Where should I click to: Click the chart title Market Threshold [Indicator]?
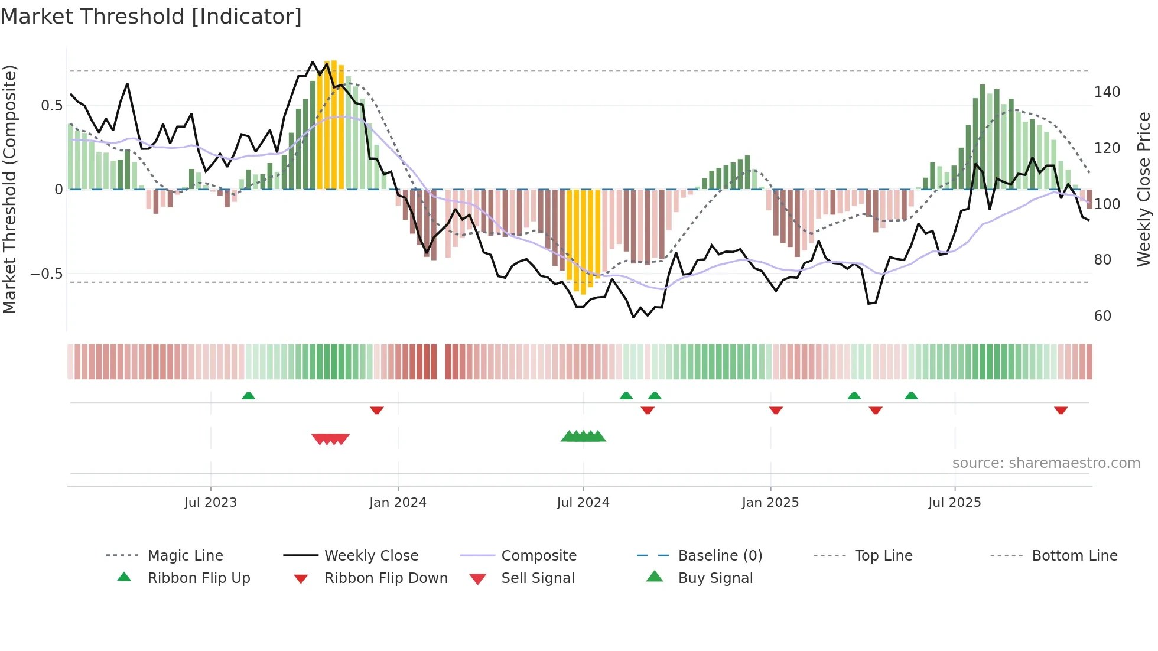tap(151, 17)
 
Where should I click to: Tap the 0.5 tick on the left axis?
tap(51, 106)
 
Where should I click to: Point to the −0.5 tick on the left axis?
tap(47, 274)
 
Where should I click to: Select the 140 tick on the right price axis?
tap(1107, 92)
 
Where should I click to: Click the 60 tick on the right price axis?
tap(1102, 316)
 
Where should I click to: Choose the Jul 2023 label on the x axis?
tap(210, 503)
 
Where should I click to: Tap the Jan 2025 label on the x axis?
tap(770, 503)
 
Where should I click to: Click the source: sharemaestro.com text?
tap(1046, 463)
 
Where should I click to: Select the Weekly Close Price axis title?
tap(1144, 189)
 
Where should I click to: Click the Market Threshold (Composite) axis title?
tap(10, 189)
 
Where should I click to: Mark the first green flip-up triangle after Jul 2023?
tap(249, 396)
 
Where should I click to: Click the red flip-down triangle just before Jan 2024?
tap(377, 410)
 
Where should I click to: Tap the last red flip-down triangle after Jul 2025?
tap(1061, 410)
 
